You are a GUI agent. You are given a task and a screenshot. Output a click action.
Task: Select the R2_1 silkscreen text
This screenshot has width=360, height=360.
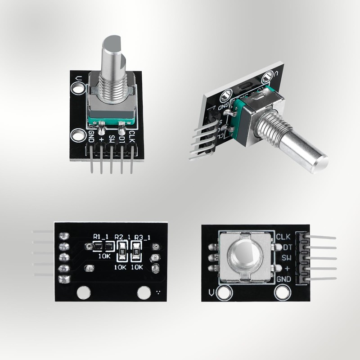122,236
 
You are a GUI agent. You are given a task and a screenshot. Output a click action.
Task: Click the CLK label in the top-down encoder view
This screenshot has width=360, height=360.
283,237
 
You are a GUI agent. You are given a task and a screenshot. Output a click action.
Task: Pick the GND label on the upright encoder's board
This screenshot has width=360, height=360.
91,135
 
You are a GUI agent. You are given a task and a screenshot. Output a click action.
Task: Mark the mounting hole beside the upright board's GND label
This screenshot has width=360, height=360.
79,134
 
